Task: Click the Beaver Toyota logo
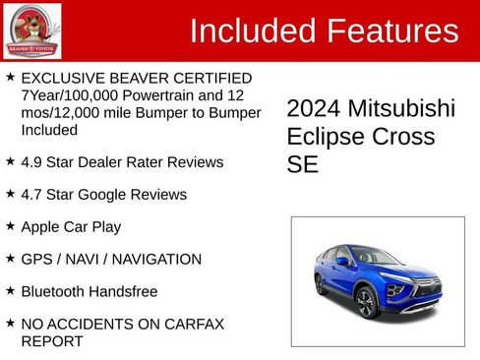coord(31,30)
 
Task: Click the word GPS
coord(36,259)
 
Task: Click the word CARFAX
coord(196,324)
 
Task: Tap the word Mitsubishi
coord(403,109)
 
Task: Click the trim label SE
coord(302,164)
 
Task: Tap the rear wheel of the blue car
coord(320,283)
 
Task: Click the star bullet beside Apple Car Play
coord(10,225)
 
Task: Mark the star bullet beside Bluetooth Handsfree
coord(10,290)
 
